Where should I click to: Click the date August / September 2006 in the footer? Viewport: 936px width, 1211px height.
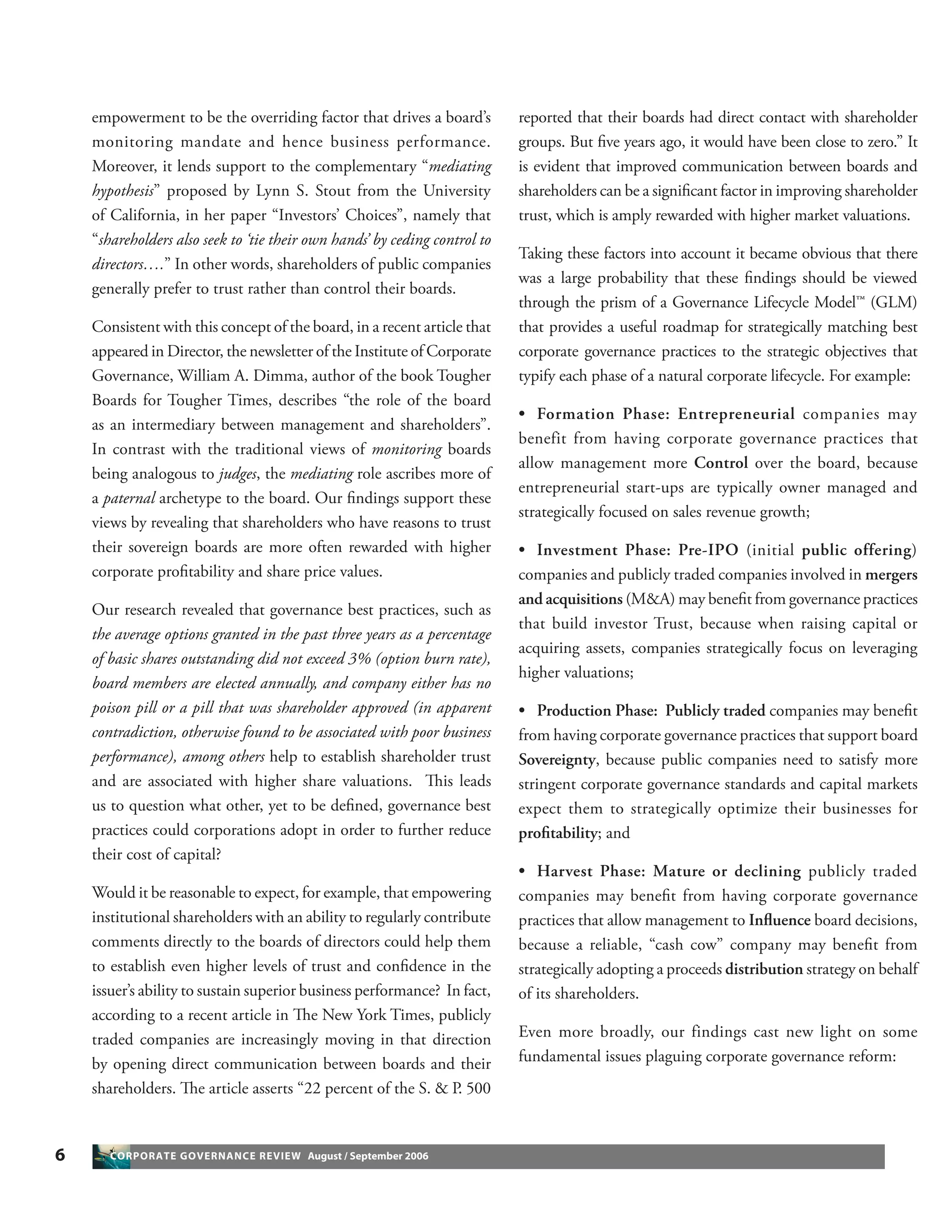(x=368, y=1156)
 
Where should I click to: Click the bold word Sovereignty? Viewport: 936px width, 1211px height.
(x=557, y=760)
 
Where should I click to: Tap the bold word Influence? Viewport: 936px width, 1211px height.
(x=779, y=920)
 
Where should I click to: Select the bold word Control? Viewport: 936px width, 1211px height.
(x=720, y=463)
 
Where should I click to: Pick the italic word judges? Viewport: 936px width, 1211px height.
(x=237, y=474)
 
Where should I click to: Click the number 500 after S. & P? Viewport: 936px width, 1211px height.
(x=478, y=1089)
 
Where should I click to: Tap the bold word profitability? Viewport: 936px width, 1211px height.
(x=557, y=833)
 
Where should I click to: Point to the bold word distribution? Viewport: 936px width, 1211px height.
(x=764, y=969)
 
